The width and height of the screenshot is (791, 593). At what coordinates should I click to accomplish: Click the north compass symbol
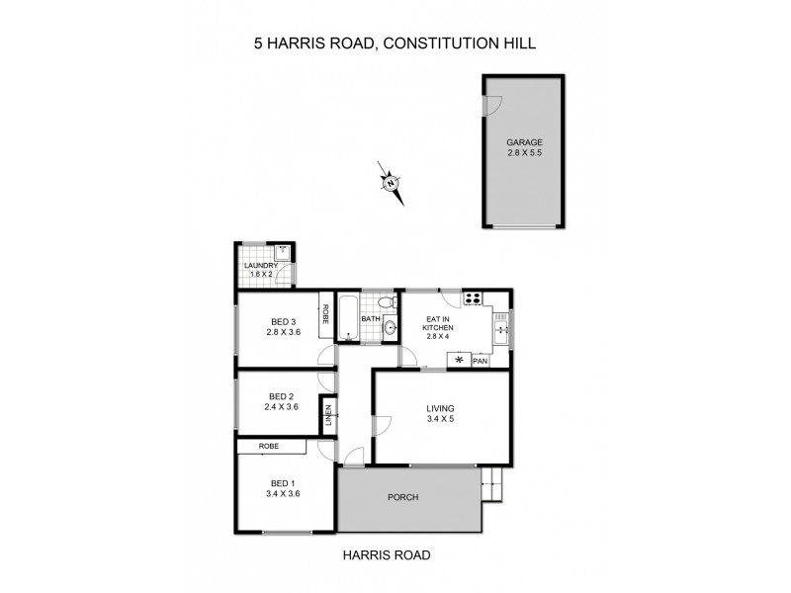tap(393, 183)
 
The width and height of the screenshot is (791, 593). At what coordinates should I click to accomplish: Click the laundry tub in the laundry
tap(282, 252)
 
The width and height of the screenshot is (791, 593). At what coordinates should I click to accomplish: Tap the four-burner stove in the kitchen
tap(473, 298)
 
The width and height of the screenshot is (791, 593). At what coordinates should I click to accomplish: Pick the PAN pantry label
tap(481, 361)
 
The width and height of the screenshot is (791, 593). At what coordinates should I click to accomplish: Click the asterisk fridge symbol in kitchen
tap(459, 361)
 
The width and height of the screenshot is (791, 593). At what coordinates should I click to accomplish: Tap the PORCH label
tap(405, 497)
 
